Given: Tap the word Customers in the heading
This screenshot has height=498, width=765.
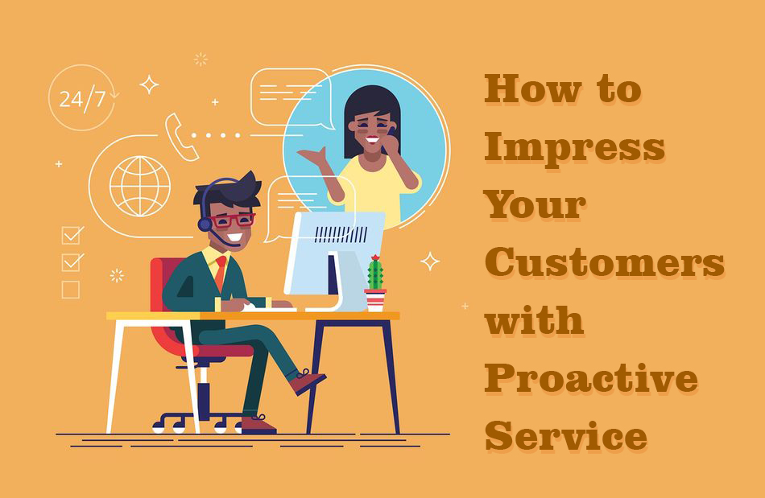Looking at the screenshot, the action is click(x=605, y=261).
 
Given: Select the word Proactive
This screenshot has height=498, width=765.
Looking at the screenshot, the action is click(x=591, y=378).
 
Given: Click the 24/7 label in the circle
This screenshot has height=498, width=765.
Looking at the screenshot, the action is click(x=82, y=100).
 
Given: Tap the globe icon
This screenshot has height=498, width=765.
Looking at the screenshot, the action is click(x=140, y=186).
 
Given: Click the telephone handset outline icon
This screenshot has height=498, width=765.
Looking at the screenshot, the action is click(x=180, y=137).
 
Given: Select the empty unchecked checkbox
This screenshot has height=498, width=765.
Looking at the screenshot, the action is click(x=71, y=290).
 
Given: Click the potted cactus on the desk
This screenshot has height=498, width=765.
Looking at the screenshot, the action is click(x=375, y=284).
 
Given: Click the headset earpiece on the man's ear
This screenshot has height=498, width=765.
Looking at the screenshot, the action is click(x=205, y=224).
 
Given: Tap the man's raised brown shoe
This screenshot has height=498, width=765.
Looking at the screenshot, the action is click(x=308, y=381).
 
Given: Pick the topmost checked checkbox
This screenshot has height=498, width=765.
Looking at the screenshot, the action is click(x=72, y=235).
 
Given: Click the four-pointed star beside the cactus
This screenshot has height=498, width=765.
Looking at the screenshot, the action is click(x=430, y=261).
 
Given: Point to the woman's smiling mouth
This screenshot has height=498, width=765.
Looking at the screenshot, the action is click(x=373, y=140).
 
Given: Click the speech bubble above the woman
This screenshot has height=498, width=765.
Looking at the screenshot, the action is click(x=292, y=98).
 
